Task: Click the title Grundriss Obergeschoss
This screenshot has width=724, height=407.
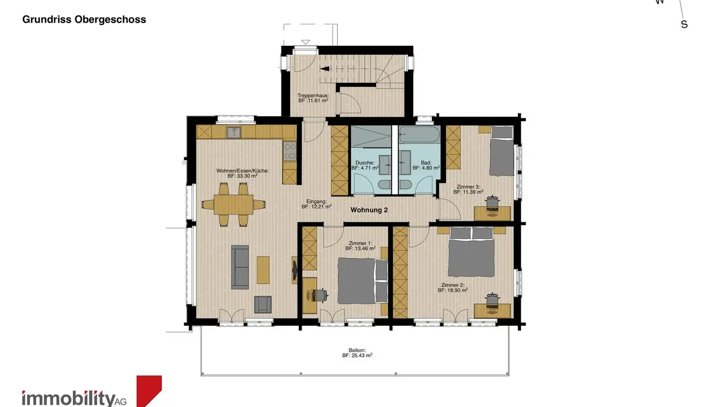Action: pyautogui.click(x=84, y=20)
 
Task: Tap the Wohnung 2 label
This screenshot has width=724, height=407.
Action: pyautogui.click(x=369, y=210)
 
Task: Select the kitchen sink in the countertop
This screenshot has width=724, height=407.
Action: pyautogui.click(x=233, y=132)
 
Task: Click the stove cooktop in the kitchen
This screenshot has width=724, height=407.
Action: pyautogui.click(x=290, y=150)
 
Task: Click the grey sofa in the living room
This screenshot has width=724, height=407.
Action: pyautogui.click(x=240, y=267)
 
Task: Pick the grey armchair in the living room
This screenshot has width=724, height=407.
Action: pyautogui.click(x=263, y=304)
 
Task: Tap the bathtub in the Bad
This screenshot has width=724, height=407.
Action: pyautogui.click(x=419, y=135)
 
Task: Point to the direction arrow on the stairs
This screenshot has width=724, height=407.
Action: pyautogui.click(x=324, y=69)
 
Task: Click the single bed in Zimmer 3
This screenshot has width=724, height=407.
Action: pyautogui.click(x=501, y=151)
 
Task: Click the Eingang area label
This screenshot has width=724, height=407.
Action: pyautogui.click(x=316, y=203)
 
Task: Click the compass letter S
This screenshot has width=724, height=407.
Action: pyautogui.click(x=684, y=24)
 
